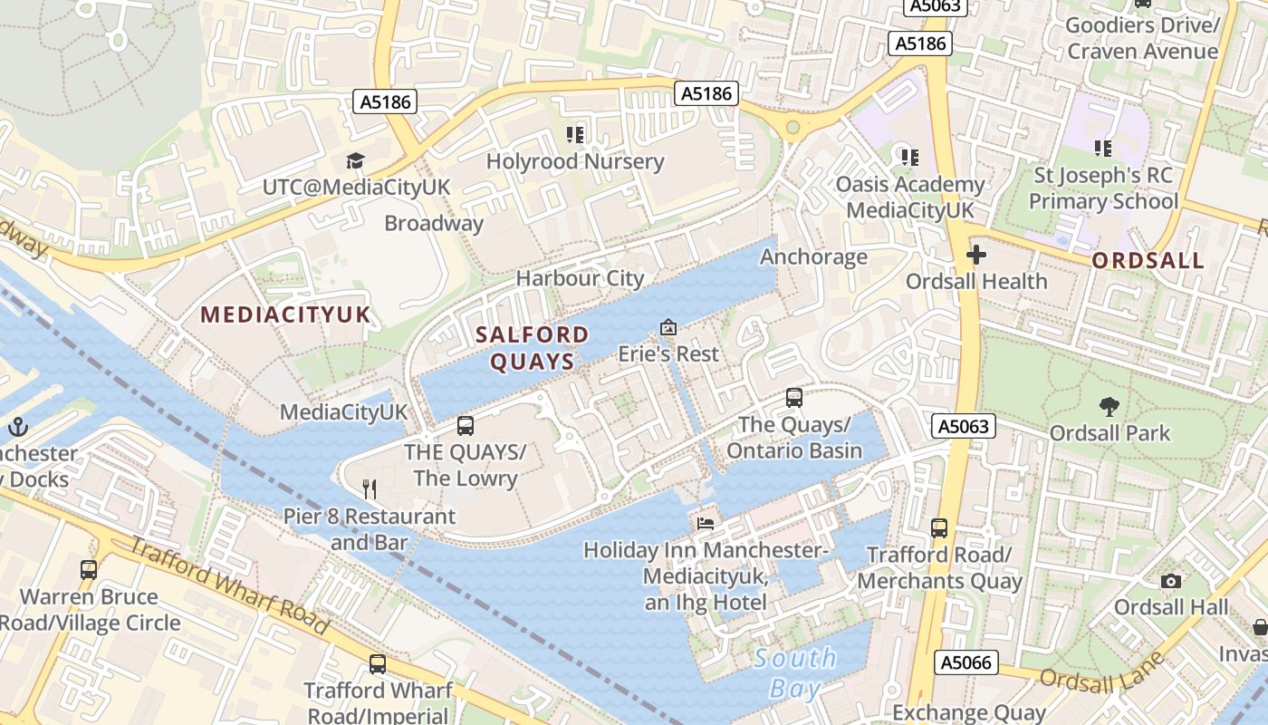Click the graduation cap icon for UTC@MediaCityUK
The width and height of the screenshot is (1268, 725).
(355, 161)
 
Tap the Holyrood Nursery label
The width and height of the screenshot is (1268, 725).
(575, 162)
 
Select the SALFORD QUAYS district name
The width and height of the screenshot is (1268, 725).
(533, 348)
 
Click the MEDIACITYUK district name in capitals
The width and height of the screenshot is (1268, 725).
(285, 314)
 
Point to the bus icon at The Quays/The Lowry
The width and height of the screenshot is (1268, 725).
(466, 426)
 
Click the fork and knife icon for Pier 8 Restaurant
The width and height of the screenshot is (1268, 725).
(370, 489)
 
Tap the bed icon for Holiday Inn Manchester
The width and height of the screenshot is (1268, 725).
(706, 523)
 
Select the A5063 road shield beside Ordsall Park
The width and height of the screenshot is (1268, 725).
(964, 426)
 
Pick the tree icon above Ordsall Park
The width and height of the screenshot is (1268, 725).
(1109, 407)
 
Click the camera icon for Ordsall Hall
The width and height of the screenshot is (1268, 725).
(1171, 581)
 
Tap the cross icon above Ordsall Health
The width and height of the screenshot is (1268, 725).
(975, 256)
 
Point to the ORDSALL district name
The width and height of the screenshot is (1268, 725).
(1148, 261)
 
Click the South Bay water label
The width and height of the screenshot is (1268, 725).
(795, 672)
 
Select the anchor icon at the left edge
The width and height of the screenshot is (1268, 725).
(17, 426)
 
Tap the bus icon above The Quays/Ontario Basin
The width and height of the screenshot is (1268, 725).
(794, 397)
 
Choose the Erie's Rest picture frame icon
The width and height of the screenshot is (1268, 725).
(668, 327)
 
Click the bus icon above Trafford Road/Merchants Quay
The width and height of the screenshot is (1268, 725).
(939, 527)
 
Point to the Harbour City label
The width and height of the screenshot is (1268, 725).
(580, 278)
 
